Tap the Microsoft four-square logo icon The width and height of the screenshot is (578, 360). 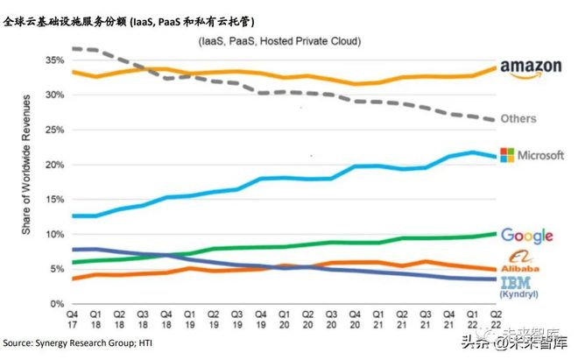tap(505, 155)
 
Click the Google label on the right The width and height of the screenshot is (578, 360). tap(527, 236)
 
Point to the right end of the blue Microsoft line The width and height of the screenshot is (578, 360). tap(495, 157)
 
